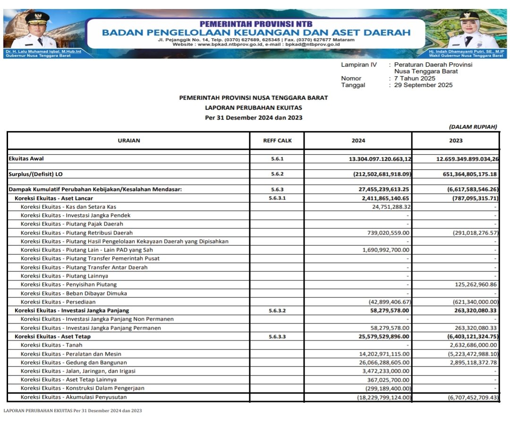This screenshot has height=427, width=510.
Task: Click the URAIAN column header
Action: [x=128, y=140]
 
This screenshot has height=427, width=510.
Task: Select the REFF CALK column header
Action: [x=277, y=140]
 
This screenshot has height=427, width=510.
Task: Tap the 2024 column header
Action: [x=358, y=140]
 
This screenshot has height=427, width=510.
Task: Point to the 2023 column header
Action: [x=456, y=140]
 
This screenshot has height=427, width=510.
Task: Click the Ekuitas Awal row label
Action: [x=26, y=159]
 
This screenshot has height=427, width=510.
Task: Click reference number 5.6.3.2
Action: [x=277, y=311]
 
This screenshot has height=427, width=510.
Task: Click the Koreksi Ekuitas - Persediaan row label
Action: [x=58, y=302]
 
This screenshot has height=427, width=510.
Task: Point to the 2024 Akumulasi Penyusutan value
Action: [x=383, y=397]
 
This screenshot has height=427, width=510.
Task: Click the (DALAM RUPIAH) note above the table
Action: [x=473, y=127]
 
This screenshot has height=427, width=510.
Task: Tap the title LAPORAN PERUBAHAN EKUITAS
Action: [x=253, y=108]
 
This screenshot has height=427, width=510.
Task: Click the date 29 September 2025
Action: [x=423, y=85]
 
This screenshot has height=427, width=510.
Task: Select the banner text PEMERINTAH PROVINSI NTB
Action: [x=256, y=24]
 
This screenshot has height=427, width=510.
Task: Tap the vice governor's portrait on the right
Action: [x=474, y=31]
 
